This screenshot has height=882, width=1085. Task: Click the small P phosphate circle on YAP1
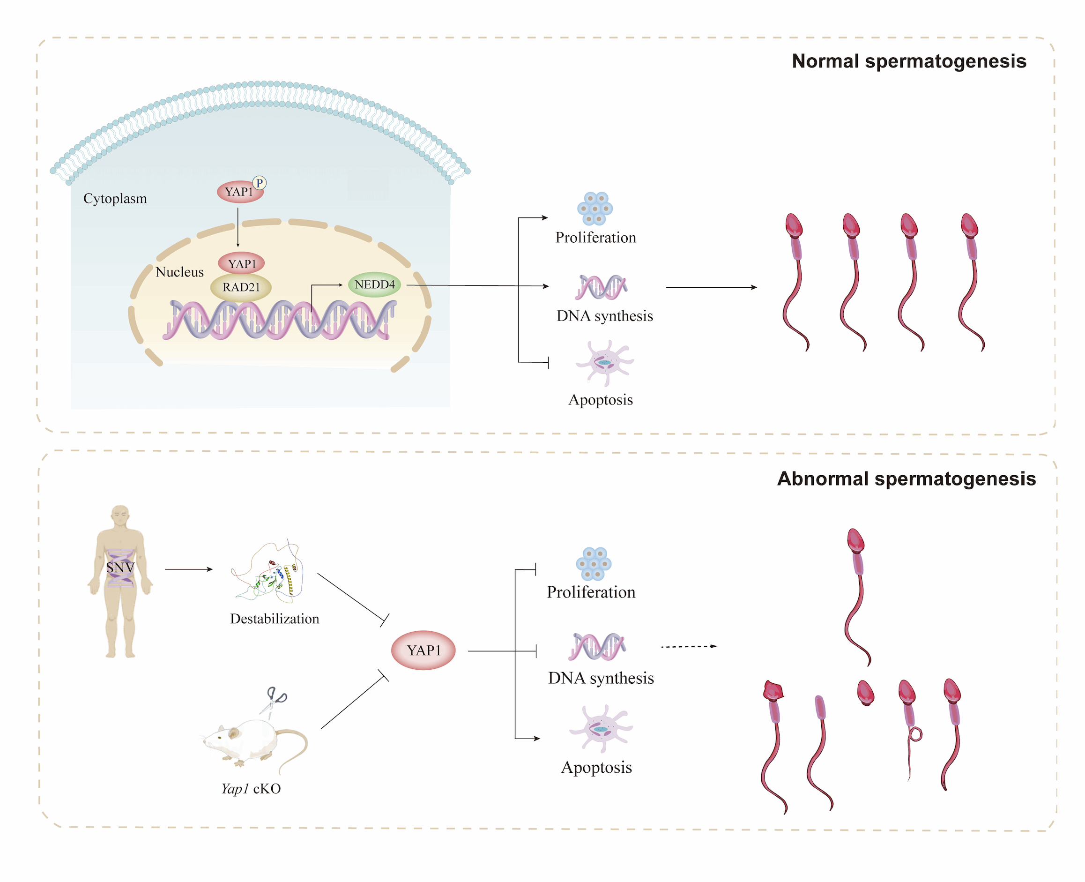click(260, 183)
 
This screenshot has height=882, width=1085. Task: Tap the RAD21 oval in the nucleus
click(241, 287)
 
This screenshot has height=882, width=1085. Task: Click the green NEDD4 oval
click(374, 284)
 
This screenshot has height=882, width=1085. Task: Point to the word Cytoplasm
click(115, 198)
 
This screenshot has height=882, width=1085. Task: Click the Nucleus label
click(179, 272)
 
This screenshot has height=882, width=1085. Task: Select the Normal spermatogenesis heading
click(909, 61)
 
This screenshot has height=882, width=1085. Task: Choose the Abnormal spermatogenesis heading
click(906, 478)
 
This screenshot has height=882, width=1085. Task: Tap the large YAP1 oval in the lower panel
click(423, 650)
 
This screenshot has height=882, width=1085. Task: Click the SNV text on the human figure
click(120, 567)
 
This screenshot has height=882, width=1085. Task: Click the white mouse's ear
click(233, 733)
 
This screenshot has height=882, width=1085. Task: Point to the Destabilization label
click(275, 619)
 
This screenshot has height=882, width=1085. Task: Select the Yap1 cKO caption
click(251, 789)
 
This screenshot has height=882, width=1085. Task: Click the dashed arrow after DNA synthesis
click(688, 647)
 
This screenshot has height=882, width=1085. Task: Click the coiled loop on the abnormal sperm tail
click(915, 734)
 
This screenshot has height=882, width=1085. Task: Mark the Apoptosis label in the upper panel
click(601, 400)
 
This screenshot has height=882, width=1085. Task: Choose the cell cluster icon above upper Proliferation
click(595, 208)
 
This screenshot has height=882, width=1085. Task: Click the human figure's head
click(120, 516)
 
